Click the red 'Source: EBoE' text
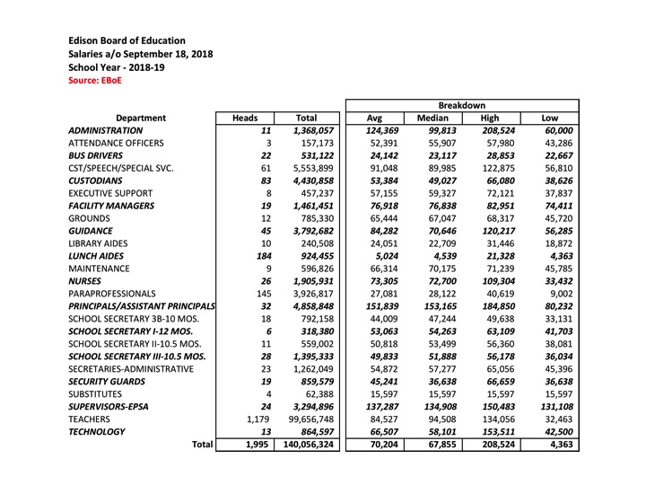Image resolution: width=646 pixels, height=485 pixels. click(94, 80)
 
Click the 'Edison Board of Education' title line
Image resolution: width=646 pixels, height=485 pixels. click(127, 40)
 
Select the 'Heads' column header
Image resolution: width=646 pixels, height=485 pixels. click(245, 118)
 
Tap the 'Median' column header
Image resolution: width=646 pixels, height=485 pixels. click(432, 118)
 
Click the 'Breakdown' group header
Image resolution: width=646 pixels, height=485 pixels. click(462, 105)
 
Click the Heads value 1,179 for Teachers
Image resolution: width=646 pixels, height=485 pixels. click(255, 418)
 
